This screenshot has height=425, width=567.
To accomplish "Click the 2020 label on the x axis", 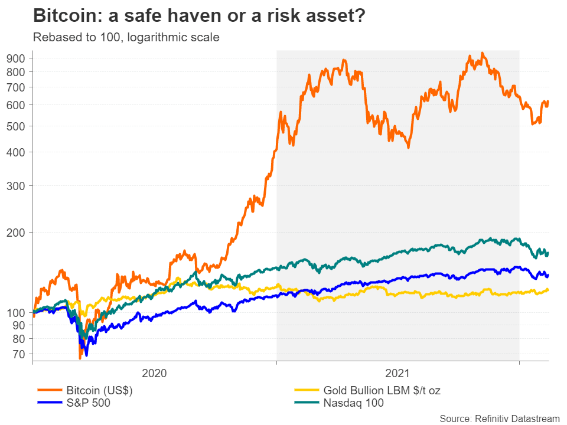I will [x=155, y=373].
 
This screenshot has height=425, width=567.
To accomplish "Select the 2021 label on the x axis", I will [x=397, y=373].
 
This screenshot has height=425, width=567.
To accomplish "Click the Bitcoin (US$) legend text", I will [x=99, y=390].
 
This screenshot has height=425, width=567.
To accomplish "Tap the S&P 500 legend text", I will [x=88, y=403].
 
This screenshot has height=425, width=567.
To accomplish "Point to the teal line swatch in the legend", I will [x=307, y=403].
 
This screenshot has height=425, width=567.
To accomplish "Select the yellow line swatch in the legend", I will [x=307, y=390].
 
